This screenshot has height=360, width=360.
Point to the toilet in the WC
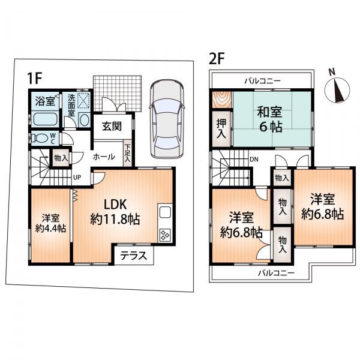click(41, 138)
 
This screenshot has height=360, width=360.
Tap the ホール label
click(104, 155)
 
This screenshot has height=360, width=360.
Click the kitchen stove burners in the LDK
click(164, 235)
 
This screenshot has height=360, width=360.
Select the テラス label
click(133, 254)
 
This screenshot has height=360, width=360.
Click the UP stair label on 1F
click(77, 178)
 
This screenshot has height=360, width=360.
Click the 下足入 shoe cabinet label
click(128, 153)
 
